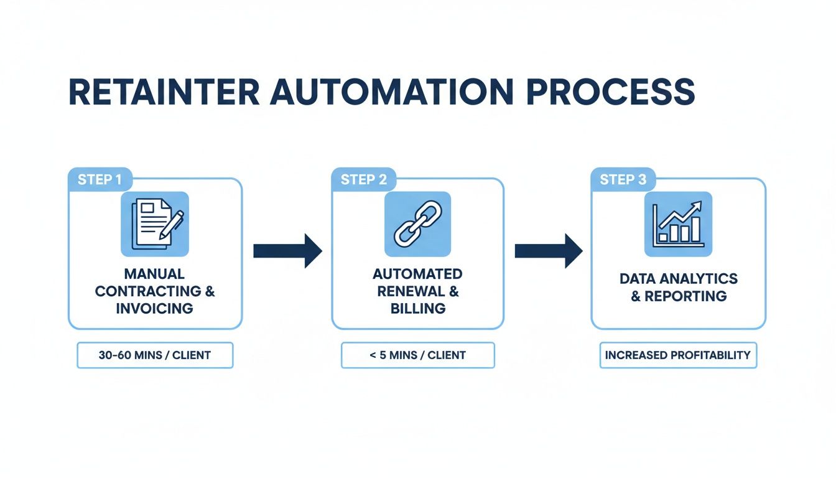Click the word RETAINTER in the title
[x=164, y=92]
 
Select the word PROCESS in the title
[x=610, y=92]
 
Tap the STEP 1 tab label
[x=100, y=180]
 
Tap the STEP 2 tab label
[x=363, y=180]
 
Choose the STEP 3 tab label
[x=623, y=180]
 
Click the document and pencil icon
[x=155, y=224]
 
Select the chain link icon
[x=417, y=224]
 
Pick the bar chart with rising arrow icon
[x=678, y=224]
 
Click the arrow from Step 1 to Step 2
[x=287, y=251]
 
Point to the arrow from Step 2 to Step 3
[x=548, y=251]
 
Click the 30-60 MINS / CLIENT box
[x=155, y=355]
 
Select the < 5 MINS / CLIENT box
[x=417, y=355]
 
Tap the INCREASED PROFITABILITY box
[x=678, y=355]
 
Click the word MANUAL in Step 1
[x=155, y=274]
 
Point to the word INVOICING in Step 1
[x=155, y=309]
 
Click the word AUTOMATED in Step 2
[x=417, y=274]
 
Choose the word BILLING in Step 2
[x=417, y=309]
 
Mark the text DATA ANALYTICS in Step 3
[x=678, y=278]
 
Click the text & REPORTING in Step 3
[x=678, y=296]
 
